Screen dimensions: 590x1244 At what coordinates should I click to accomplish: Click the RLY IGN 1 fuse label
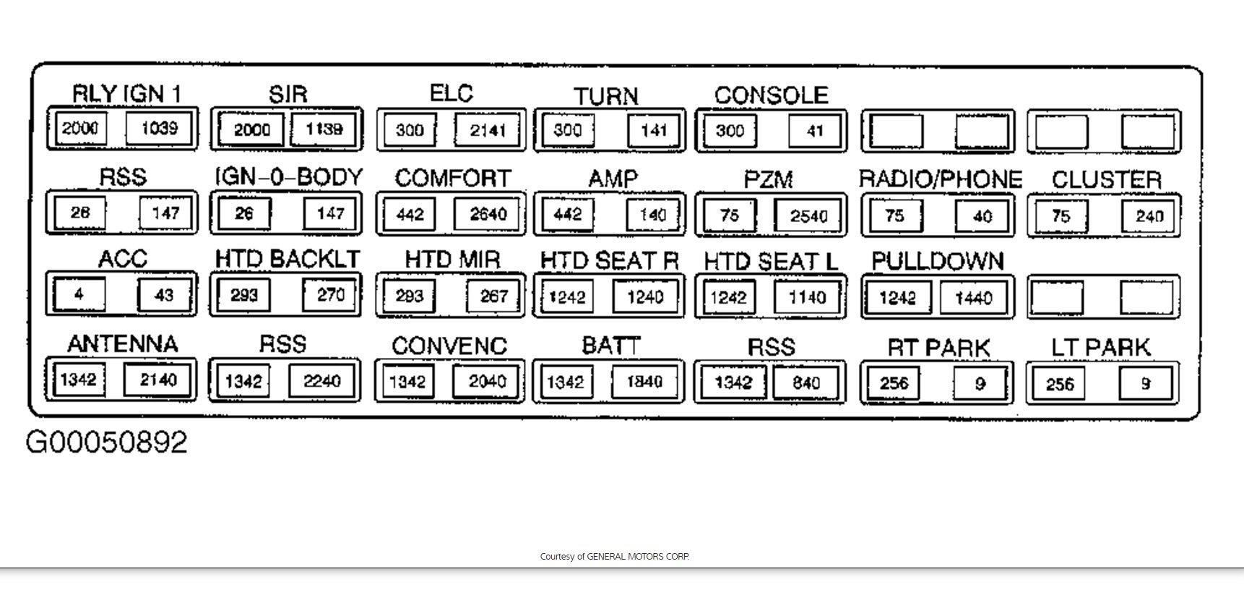(x=126, y=93)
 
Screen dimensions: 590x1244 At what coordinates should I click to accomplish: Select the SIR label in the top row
(x=288, y=94)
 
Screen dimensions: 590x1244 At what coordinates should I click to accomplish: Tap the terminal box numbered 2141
(x=488, y=130)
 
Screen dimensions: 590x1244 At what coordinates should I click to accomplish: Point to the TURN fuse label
(x=606, y=96)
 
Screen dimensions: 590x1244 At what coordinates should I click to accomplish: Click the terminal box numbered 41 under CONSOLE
(x=815, y=131)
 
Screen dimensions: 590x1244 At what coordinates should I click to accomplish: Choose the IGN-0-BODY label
(x=288, y=177)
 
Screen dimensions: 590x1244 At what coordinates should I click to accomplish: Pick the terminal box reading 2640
(x=488, y=214)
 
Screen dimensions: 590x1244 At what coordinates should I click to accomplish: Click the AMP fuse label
(x=613, y=179)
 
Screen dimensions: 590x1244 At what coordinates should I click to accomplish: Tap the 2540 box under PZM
(x=808, y=215)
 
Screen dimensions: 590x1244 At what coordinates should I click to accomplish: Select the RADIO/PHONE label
(x=940, y=179)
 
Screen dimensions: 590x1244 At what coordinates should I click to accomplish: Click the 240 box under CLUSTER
(x=1149, y=216)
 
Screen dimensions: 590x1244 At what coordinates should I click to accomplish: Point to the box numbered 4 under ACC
(x=79, y=294)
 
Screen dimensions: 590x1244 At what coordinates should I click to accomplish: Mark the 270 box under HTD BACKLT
(x=330, y=294)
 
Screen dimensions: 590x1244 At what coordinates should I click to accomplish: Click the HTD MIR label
(x=452, y=260)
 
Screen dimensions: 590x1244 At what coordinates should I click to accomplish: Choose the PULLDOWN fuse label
(x=938, y=261)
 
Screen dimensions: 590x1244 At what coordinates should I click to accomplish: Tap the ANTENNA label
(x=122, y=343)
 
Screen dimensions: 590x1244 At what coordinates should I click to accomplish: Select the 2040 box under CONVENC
(x=487, y=381)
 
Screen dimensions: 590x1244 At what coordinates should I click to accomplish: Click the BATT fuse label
(x=611, y=346)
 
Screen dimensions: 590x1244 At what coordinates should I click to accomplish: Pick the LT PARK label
(x=1100, y=347)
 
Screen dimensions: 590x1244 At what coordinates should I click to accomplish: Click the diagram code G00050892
(x=107, y=442)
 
